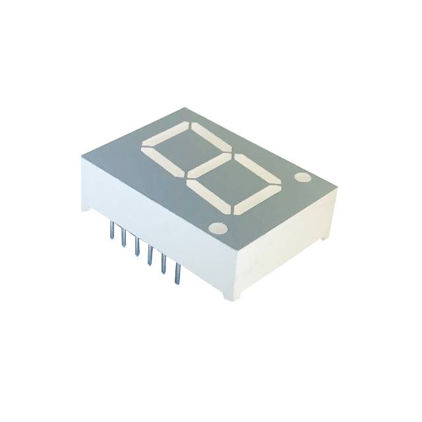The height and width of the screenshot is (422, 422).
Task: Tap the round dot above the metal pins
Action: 217,228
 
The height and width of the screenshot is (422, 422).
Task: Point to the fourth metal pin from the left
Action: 150,255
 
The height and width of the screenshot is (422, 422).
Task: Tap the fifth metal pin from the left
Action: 163,263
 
